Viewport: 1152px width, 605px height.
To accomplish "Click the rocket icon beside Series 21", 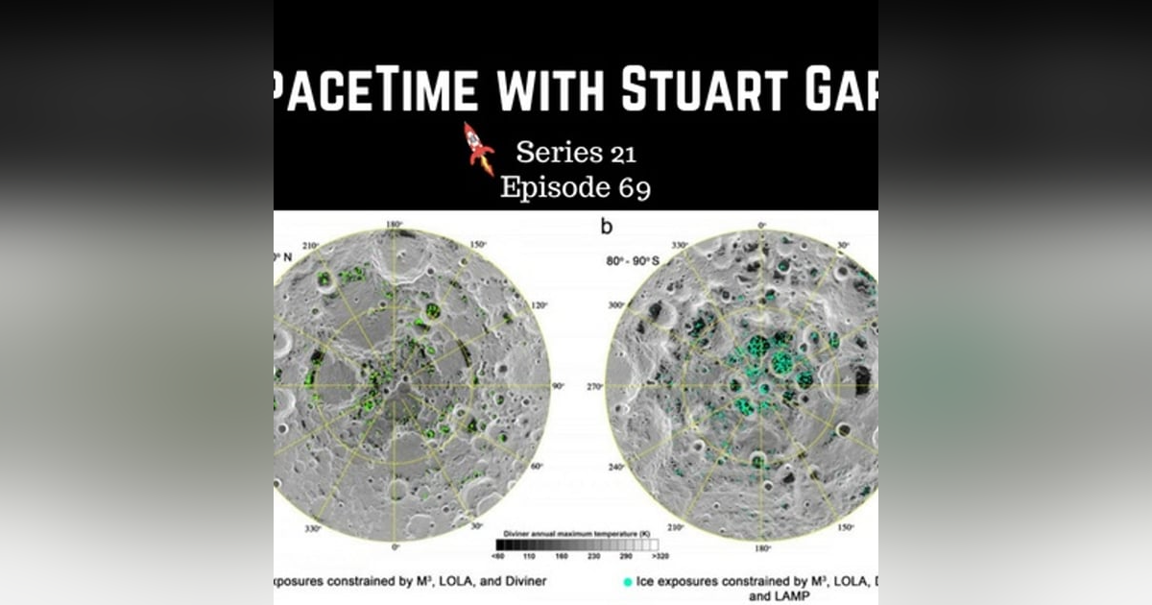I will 478,148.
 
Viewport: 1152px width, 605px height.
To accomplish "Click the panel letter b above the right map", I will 606,228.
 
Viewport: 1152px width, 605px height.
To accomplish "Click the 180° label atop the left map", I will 393,225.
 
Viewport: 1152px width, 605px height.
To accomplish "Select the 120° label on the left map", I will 540,305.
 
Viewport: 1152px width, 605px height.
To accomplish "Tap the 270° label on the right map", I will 594,386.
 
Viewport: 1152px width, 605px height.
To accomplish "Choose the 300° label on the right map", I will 616,304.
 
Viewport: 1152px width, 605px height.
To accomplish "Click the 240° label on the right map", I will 615,468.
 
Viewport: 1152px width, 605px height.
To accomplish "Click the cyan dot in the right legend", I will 627,581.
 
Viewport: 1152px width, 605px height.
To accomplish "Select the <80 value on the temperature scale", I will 499,556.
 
